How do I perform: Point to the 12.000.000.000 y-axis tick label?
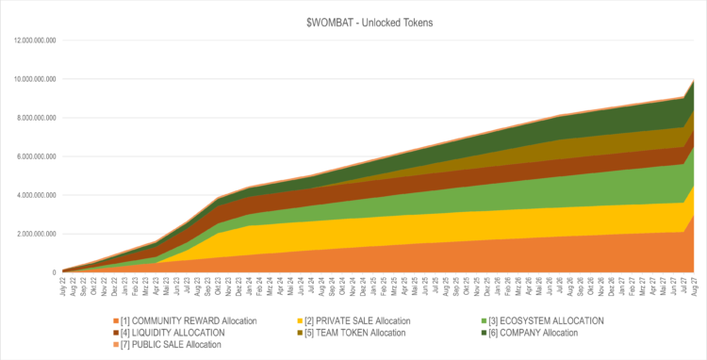click(x=30, y=41)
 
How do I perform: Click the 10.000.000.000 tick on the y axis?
click(x=30, y=79)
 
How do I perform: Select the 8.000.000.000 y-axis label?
click(x=32, y=118)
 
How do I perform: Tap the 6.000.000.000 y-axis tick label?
click(x=32, y=156)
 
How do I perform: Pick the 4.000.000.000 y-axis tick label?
click(x=32, y=195)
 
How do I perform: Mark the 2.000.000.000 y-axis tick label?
click(x=32, y=234)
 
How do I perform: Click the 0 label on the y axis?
click(x=53, y=272)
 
